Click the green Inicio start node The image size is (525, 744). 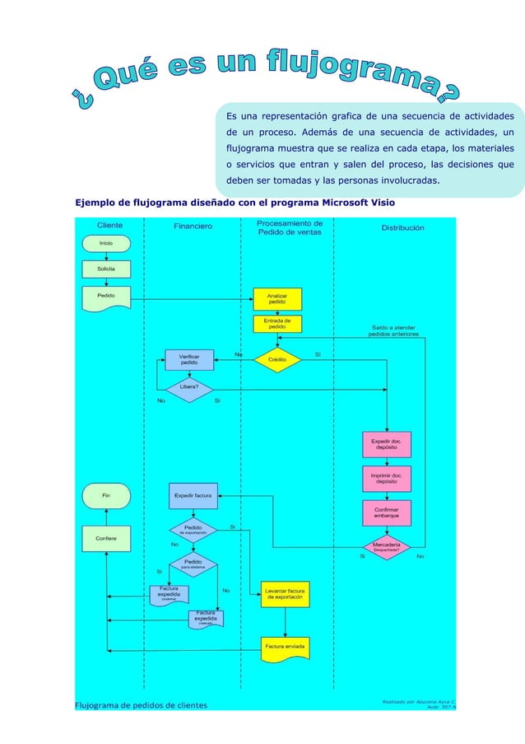point(106,243)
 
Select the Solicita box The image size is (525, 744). point(106,269)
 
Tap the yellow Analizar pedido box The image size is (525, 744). point(276,298)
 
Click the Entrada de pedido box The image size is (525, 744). point(276,324)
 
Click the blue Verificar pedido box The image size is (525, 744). point(189,359)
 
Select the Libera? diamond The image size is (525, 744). point(189,388)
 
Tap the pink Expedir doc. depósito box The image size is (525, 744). point(387,444)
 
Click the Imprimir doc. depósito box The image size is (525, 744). point(387,479)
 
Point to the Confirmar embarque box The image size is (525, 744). point(387,512)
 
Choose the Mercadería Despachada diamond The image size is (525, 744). point(387,546)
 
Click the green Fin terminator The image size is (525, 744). point(106,496)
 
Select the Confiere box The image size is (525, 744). point(106,538)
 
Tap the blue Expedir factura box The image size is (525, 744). point(193,496)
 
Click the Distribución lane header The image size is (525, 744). point(402,227)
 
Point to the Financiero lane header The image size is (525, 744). point(193,226)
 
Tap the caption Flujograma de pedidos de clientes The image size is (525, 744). point(141,704)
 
